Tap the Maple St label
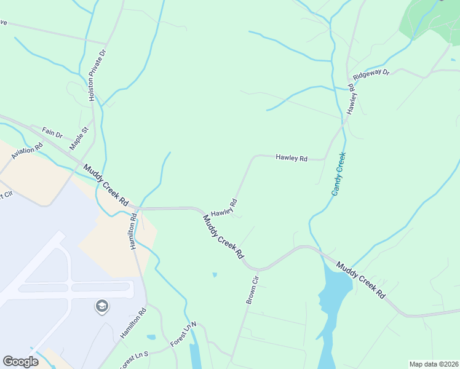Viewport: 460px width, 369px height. (x=80, y=138)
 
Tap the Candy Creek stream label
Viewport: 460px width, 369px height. (x=339, y=174)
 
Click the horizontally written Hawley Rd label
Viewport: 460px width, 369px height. (x=291, y=158)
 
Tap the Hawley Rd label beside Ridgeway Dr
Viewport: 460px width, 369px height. (x=352, y=98)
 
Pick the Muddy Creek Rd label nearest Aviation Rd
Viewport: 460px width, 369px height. (x=106, y=185)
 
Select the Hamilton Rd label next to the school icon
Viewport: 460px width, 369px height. (x=133, y=323)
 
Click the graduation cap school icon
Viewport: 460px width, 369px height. (x=102, y=306)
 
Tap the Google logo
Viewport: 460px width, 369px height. (x=20, y=362)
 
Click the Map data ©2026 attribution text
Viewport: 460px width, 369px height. (x=433, y=364)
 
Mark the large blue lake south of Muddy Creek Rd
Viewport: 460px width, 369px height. (x=332, y=295)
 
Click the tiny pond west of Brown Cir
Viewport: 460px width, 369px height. (x=214, y=274)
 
